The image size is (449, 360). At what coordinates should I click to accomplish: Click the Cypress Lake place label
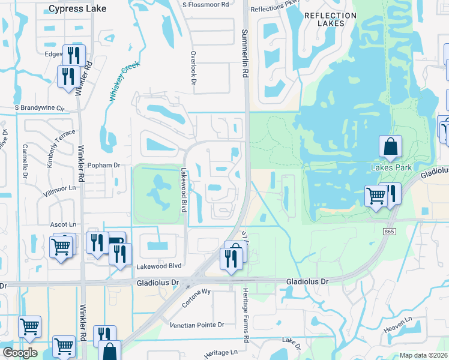pos(77,8)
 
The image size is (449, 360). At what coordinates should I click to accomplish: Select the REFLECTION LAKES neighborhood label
pos(325,19)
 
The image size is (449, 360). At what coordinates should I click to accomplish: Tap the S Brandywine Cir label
pos(40,108)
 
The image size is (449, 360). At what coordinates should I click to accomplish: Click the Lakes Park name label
pos(391,167)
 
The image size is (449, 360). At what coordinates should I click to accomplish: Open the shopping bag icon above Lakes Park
pos(390,146)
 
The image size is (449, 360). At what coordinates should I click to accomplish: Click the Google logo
pos(19,353)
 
